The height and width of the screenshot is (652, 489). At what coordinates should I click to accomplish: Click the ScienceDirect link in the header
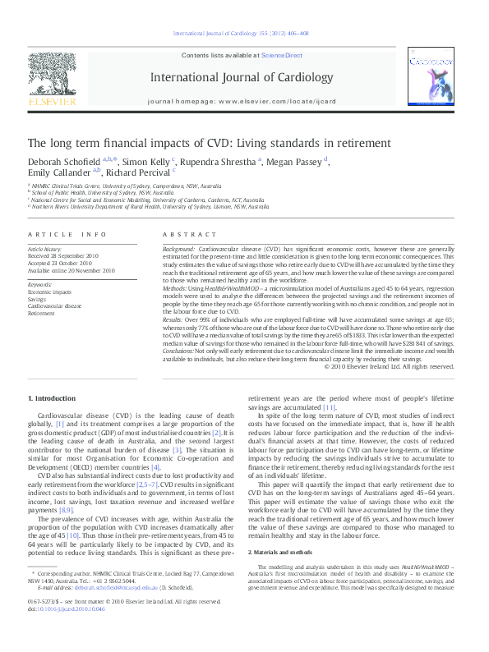282,54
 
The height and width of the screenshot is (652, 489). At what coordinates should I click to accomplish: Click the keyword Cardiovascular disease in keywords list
55,305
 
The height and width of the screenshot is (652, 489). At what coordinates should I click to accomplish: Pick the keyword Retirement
42,313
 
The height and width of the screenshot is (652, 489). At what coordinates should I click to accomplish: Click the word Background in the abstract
178,247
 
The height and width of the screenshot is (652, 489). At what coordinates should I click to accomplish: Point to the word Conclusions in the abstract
184,350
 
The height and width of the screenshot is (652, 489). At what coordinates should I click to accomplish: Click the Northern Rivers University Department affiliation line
148,207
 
